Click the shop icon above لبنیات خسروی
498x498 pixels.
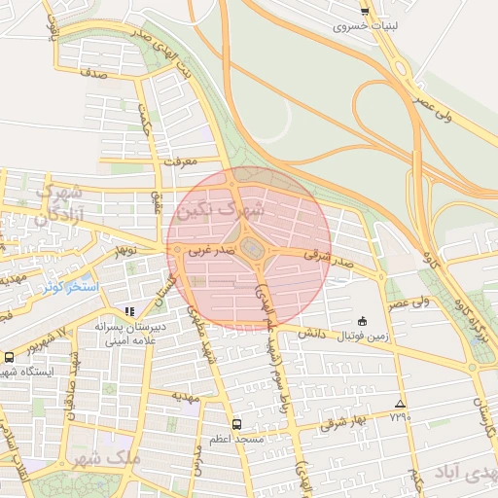coord(365,12)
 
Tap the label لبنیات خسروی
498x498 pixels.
coord(365,26)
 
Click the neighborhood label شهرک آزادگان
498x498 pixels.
coord(58,203)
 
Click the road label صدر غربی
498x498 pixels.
coord(211,250)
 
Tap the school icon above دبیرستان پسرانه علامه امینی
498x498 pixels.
coord(129,312)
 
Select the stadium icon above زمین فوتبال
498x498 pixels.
coord(363,321)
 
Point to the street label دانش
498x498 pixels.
coord(309,333)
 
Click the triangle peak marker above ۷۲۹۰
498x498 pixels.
coord(400,404)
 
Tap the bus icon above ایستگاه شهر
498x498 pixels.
coord(9,357)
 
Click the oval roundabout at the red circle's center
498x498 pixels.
coord(252,250)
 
